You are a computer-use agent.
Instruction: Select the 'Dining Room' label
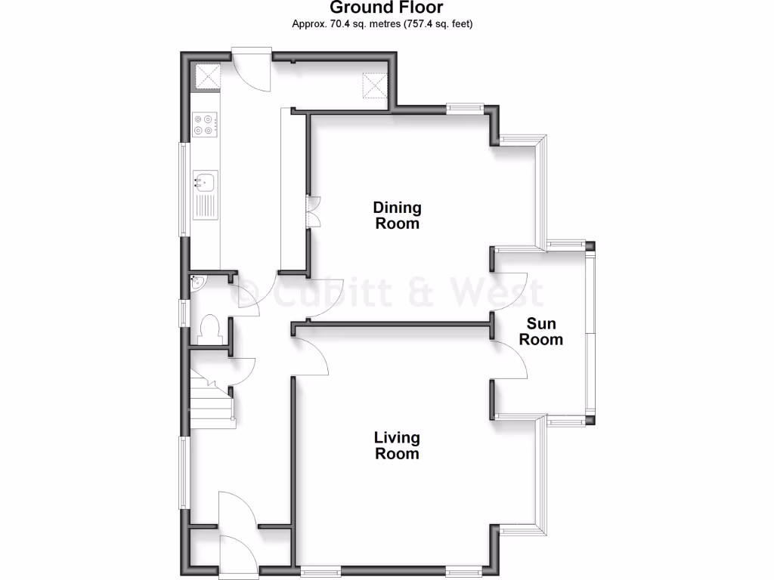click(x=398, y=215)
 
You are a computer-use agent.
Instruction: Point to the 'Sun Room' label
click(x=540, y=332)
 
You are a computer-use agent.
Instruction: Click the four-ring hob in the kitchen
click(x=205, y=124)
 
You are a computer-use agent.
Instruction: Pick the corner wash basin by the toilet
click(x=197, y=282)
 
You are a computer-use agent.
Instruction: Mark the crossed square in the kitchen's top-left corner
click(x=208, y=76)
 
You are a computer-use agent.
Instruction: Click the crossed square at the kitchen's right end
click(x=374, y=85)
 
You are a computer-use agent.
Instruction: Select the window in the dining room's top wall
click(x=464, y=109)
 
